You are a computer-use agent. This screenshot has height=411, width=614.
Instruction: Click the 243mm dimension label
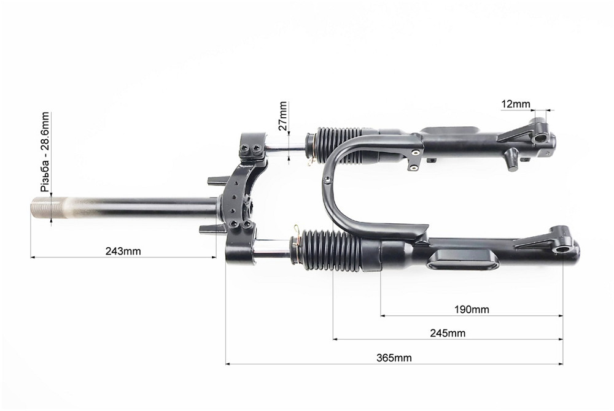click(123, 251)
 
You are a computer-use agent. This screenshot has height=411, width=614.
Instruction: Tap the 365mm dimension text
click(394, 358)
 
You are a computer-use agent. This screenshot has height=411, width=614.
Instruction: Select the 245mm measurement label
click(448, 333)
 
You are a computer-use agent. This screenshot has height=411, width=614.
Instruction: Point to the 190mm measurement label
click(472, 310)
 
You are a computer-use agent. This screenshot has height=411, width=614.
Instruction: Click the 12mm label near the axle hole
click(515, 104)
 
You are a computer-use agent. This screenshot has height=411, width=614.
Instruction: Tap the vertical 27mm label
click(283, 116)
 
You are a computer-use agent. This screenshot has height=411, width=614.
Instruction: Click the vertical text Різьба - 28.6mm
click(45, 152)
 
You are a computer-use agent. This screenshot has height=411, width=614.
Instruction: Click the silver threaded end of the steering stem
click(49, 207)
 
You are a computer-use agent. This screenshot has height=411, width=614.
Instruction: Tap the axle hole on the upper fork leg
click(540, 139)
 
